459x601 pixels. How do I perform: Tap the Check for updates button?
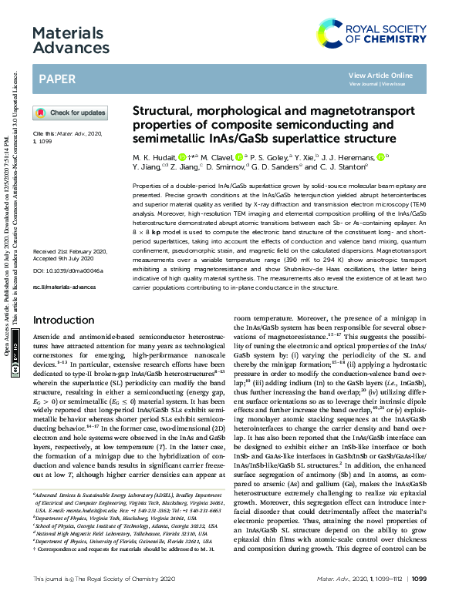pos(70,112)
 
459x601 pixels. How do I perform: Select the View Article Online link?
pos(381,75)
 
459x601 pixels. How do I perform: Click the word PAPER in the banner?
pos(57,79)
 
